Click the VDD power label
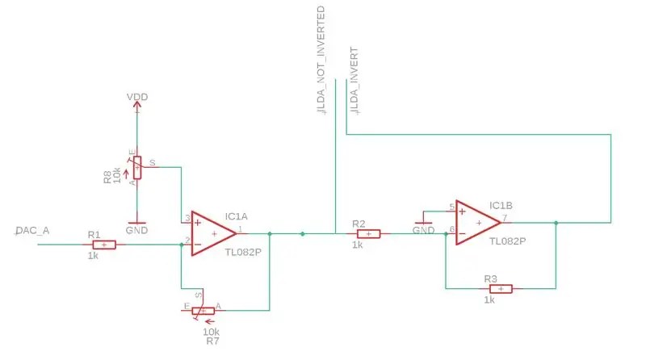coord(137,97)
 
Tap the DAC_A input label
coord(32,231)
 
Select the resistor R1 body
coord(104,245)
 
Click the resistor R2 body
coord(368,234)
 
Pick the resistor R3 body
coord(501,289)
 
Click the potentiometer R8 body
coord(137,168)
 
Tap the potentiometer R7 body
coord(203,311)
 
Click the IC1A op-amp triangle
coord(214,233)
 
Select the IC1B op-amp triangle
coord(478,223)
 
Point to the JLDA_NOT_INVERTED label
coord(321,61)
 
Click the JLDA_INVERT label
coord(354,81)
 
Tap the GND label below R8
coord(136,230)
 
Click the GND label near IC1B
coord(423,230)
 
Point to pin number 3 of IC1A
coord(187,218)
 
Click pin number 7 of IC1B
coord(505,217)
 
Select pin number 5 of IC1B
coord(452,207)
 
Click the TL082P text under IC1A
coord(243,252)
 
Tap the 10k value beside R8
coord(117,175)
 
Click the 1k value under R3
coord(489,300)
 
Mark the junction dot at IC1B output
coord(556,223)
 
